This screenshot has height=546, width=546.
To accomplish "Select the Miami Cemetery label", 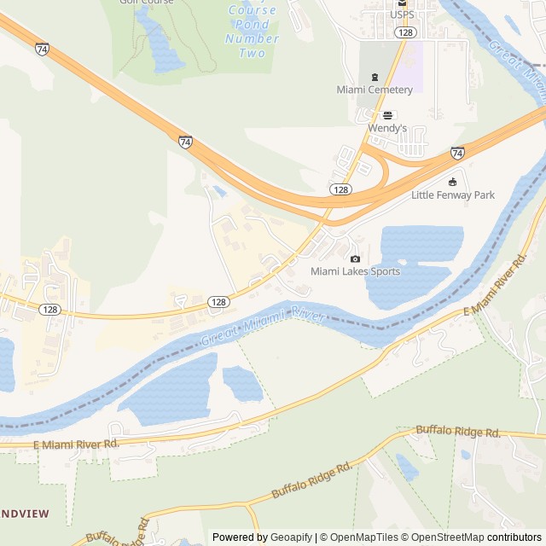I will [375, 90].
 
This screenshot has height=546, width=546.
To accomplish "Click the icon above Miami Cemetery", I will [374, 77].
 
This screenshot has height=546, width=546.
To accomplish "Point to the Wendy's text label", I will [387, 128].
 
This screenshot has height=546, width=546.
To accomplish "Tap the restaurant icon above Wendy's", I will [388, 115].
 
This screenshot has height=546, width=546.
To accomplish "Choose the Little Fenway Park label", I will [453, 195].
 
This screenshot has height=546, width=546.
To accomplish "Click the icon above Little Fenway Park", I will [453, 182].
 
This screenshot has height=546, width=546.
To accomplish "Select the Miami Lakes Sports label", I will [355, 271].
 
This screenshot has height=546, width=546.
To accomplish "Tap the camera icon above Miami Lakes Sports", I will [356, 258].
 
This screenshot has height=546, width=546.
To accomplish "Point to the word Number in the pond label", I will [253, 38].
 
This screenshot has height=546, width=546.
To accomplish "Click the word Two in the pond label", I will [253, 53].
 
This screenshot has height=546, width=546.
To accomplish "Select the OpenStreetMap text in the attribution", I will [444, 537].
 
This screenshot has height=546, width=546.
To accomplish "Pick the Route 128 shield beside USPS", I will [405, 32].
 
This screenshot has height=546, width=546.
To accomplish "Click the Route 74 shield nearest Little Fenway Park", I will [457, 154].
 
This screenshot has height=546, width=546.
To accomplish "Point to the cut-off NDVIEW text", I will [25, 514].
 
